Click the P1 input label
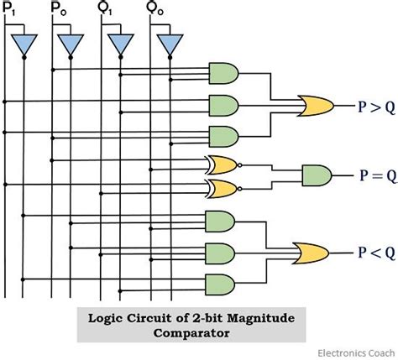coord(8,9)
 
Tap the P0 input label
coord(59,9)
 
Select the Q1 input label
coord(105,9)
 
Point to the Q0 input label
coord(154,9)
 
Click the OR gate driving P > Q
coord(316,106)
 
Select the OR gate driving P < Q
coord(311,253)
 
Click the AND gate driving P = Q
coord(317,175)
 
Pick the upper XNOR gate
coord(223,165)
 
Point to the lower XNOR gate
coord(223,189)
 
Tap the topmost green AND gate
coord(224,73)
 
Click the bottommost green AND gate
coord(220,284)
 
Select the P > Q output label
coord(377,107)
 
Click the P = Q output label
coord(378,175)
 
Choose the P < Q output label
coord(377,253)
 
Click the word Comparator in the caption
coord(191,333)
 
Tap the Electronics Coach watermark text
coord(356,353)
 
